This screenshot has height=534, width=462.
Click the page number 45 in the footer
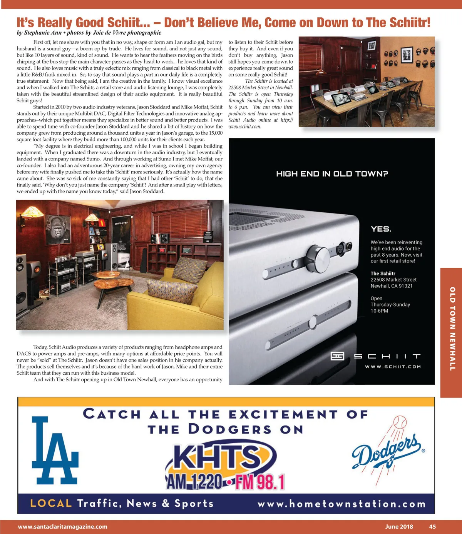pyautogui.click(x=432, y=527)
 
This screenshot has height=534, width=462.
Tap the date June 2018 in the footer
pyautogui.click(x=399, y=527)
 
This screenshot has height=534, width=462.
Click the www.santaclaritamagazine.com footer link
pyautogui.click(x=63, y=527)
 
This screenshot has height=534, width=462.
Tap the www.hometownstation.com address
pyautogui.click(x=341, y=504)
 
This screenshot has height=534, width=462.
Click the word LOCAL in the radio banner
pyautogui.click(x=51, y=503)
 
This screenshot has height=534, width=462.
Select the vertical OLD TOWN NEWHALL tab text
pyautogui.click(x=452, y=329)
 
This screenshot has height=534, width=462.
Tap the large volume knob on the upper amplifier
pyautogui.click(x=318, y=255)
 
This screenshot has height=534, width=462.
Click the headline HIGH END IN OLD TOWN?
pyautogui.click(x=332, y=174)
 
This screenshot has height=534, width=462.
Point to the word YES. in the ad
pyautogui.click(x=381, y=229)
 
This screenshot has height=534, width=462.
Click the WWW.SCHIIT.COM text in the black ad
pyautogui.click(x=393, y=367)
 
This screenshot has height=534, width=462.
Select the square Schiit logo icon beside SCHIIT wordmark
pyautogui.click(x=337, y=356)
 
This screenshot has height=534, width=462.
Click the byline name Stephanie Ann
pyautogui.click(x=43, y=33)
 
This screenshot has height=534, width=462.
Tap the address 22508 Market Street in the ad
pyautogui.click(x=393, y=280)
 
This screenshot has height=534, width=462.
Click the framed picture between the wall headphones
pyautogui.click(x=407, y=55)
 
